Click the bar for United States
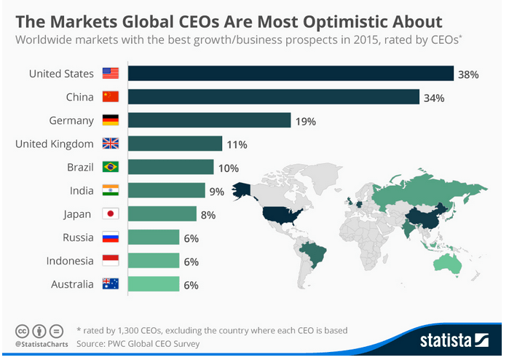pos(291,74)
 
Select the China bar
pos(274,97)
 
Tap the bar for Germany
pos(210,120)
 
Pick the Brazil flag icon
pos(111,167)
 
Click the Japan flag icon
pos(111,214)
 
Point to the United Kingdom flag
pos(111,144)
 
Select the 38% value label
pos(467,74)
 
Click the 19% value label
pos(306,121)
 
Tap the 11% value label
pos(237,144)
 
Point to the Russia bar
pos(154,237)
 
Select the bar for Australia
pos(154,283)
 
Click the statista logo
pos(453,340)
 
